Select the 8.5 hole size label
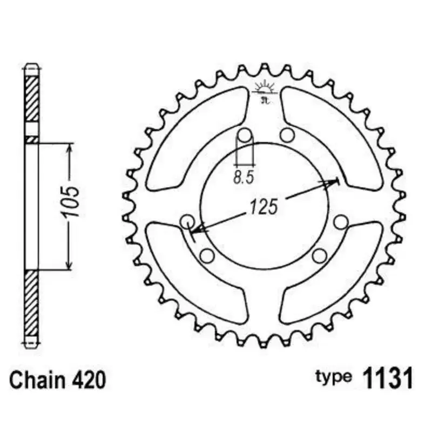pyautogui.click(x=244, y=177)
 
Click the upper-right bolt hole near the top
pyautogui.click(x=287, y=134)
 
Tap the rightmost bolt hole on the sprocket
pyautogui.click(x=340, y=221)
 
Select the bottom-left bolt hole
pyautogui.click(x=207, y=255)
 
